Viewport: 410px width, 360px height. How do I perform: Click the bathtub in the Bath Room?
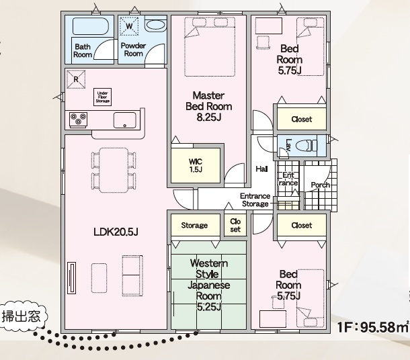point(91,26)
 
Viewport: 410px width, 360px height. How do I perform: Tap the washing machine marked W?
point(129,26)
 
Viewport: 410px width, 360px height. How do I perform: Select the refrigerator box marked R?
point(76,79)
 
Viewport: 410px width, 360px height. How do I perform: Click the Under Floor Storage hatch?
point(102,97)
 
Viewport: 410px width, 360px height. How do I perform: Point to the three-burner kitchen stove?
point(78,120)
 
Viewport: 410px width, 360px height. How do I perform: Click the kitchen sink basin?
point(125,120)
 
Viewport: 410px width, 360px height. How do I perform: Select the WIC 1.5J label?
point(196,165)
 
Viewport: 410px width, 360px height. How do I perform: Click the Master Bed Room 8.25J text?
point(208,106)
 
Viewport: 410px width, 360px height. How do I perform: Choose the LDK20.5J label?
point(116,232)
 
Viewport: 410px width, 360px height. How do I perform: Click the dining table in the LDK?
point(114,170)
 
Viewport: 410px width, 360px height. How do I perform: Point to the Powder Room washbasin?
point(155,26)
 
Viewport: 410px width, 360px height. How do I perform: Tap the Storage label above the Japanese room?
point(194,225)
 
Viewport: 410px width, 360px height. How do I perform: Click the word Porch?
point(321,185)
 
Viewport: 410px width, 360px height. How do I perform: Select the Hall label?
point(261,169)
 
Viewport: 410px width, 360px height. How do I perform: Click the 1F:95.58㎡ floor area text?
point(373,327)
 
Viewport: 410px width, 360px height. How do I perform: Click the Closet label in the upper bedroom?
point(302,119)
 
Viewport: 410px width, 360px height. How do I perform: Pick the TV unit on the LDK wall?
point(72,278)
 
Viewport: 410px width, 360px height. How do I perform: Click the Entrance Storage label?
point(255,200)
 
